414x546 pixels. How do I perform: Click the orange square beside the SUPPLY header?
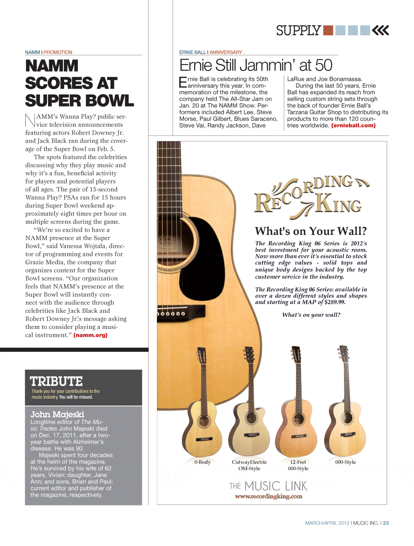(328, 30)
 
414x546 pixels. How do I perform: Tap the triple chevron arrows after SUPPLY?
(380, 30)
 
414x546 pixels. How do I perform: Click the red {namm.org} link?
(90, 335)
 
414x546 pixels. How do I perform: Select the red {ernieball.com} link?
(353, 125)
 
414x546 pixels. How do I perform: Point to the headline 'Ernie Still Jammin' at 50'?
(255, 65)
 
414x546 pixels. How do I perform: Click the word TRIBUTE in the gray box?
(56, 381)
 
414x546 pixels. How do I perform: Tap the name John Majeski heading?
(57, 414)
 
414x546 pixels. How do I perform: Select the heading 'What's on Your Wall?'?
(310, 231)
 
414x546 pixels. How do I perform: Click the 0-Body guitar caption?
(202, 462)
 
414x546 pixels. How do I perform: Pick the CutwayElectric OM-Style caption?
(249, 465)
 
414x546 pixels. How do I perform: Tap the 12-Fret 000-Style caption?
(298, 465)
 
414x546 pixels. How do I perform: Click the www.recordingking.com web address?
(268, 496)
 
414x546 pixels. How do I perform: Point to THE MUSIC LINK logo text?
(268, 486)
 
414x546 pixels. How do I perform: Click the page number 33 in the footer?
(386, 523)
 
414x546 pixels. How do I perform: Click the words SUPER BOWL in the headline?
(79, 101)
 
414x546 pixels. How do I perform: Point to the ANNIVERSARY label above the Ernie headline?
(226, 52)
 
